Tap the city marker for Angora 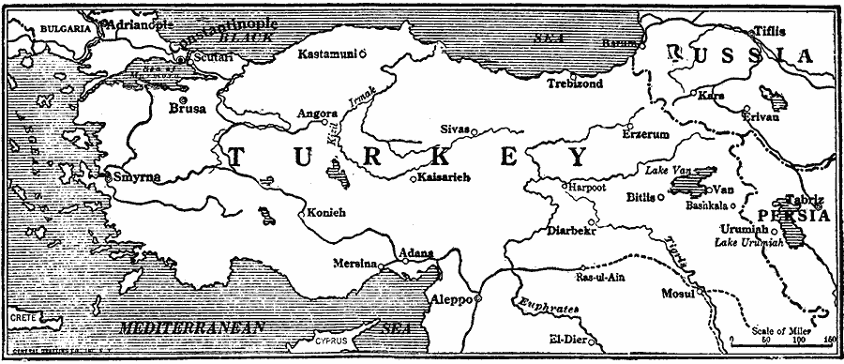point(325,122)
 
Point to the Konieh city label point(326,213)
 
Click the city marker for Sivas point(474,129)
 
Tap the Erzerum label point(646,135)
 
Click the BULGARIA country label point(54,29)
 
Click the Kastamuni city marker point(363,53)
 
